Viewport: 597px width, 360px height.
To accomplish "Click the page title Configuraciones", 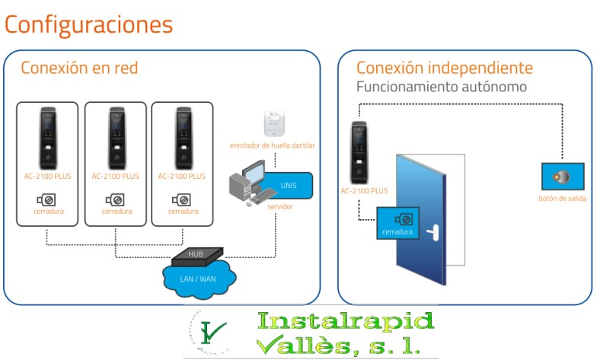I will tap(89, 24).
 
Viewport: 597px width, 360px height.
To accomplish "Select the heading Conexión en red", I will tap(79, 68).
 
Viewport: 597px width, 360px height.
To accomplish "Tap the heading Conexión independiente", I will tap(444, 68).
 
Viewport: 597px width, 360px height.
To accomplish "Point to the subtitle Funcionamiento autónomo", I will tap(442, 87).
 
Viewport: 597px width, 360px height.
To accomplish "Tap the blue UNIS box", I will tap(289, 184).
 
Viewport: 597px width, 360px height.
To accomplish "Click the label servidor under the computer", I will tap(279, 206).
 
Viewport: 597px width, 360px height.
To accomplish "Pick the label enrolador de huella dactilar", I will tap(273, 145).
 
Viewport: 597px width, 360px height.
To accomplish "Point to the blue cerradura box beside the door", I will tap(397, 224).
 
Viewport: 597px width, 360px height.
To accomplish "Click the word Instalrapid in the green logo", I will tap(346, 320).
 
